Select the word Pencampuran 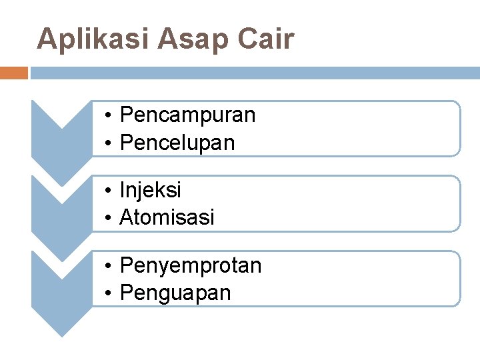187,115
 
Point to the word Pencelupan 177,143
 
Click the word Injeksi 151,191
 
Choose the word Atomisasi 167,217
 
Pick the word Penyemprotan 191,266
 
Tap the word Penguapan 175,293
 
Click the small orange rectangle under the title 14,73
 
